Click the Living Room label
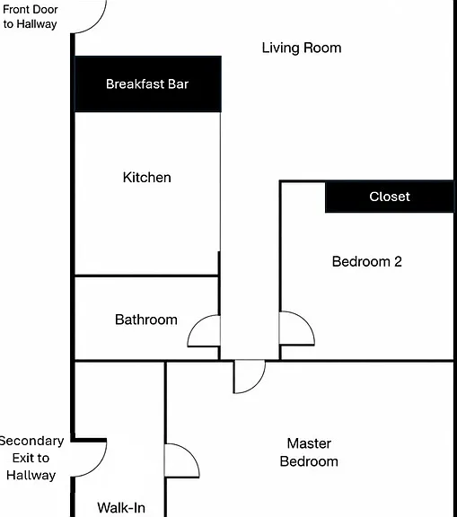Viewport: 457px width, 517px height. tap(302, 48)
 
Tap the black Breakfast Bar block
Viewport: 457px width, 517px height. tap(148, 84)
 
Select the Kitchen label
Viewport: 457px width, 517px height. tap(146, 178)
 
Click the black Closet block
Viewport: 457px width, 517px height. tap(390, 197)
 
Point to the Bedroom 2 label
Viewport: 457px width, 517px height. tap(366, 262)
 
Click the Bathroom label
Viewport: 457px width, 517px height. tap(146, 320)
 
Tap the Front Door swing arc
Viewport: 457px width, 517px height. tap(97, 23)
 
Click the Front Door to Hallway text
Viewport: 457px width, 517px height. tap(30, 17)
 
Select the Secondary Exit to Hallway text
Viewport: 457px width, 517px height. tap(31, 458)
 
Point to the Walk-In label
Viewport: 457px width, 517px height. tap(121, 508)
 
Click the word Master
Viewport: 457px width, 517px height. tap(309, 443)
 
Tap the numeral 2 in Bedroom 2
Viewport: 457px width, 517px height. tap(398, 262)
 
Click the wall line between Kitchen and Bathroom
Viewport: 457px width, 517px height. tap(146, 276)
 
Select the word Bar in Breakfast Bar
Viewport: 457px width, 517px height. tap(178, 84)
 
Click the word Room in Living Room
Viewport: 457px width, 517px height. tap(322, 48)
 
